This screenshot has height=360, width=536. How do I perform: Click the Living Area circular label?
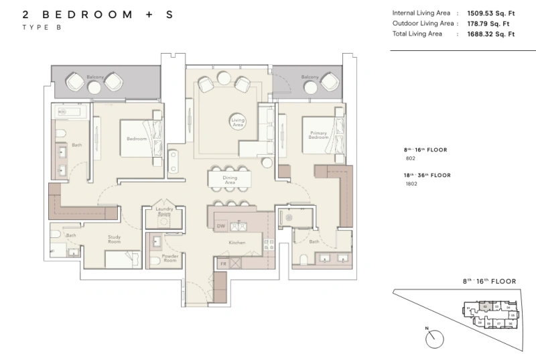pos(237,121)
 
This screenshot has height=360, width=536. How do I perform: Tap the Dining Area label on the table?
pos(230,180)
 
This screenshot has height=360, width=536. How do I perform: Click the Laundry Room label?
pos(164,212)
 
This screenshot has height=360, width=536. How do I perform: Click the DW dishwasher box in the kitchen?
pos(220,227)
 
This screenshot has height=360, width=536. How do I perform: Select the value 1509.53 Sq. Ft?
pos(486,11)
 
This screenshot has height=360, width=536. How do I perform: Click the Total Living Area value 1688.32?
pos(486,34)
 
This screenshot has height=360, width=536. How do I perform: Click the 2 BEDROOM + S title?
pos(97,13)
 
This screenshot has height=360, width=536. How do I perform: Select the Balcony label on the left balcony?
pos(94,78)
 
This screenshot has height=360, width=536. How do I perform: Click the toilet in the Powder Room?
pos(153,261)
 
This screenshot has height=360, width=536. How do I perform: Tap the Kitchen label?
pos(237,242)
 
